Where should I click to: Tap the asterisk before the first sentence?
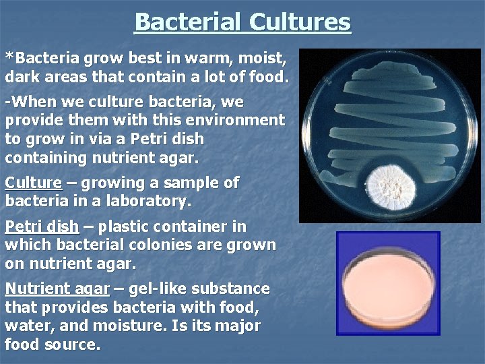9,57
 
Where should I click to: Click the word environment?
229,121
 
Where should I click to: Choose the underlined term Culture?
33,183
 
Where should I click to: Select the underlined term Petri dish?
41,227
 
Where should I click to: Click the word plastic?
131,227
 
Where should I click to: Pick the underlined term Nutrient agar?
57,289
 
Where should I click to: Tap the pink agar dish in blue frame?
388,282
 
